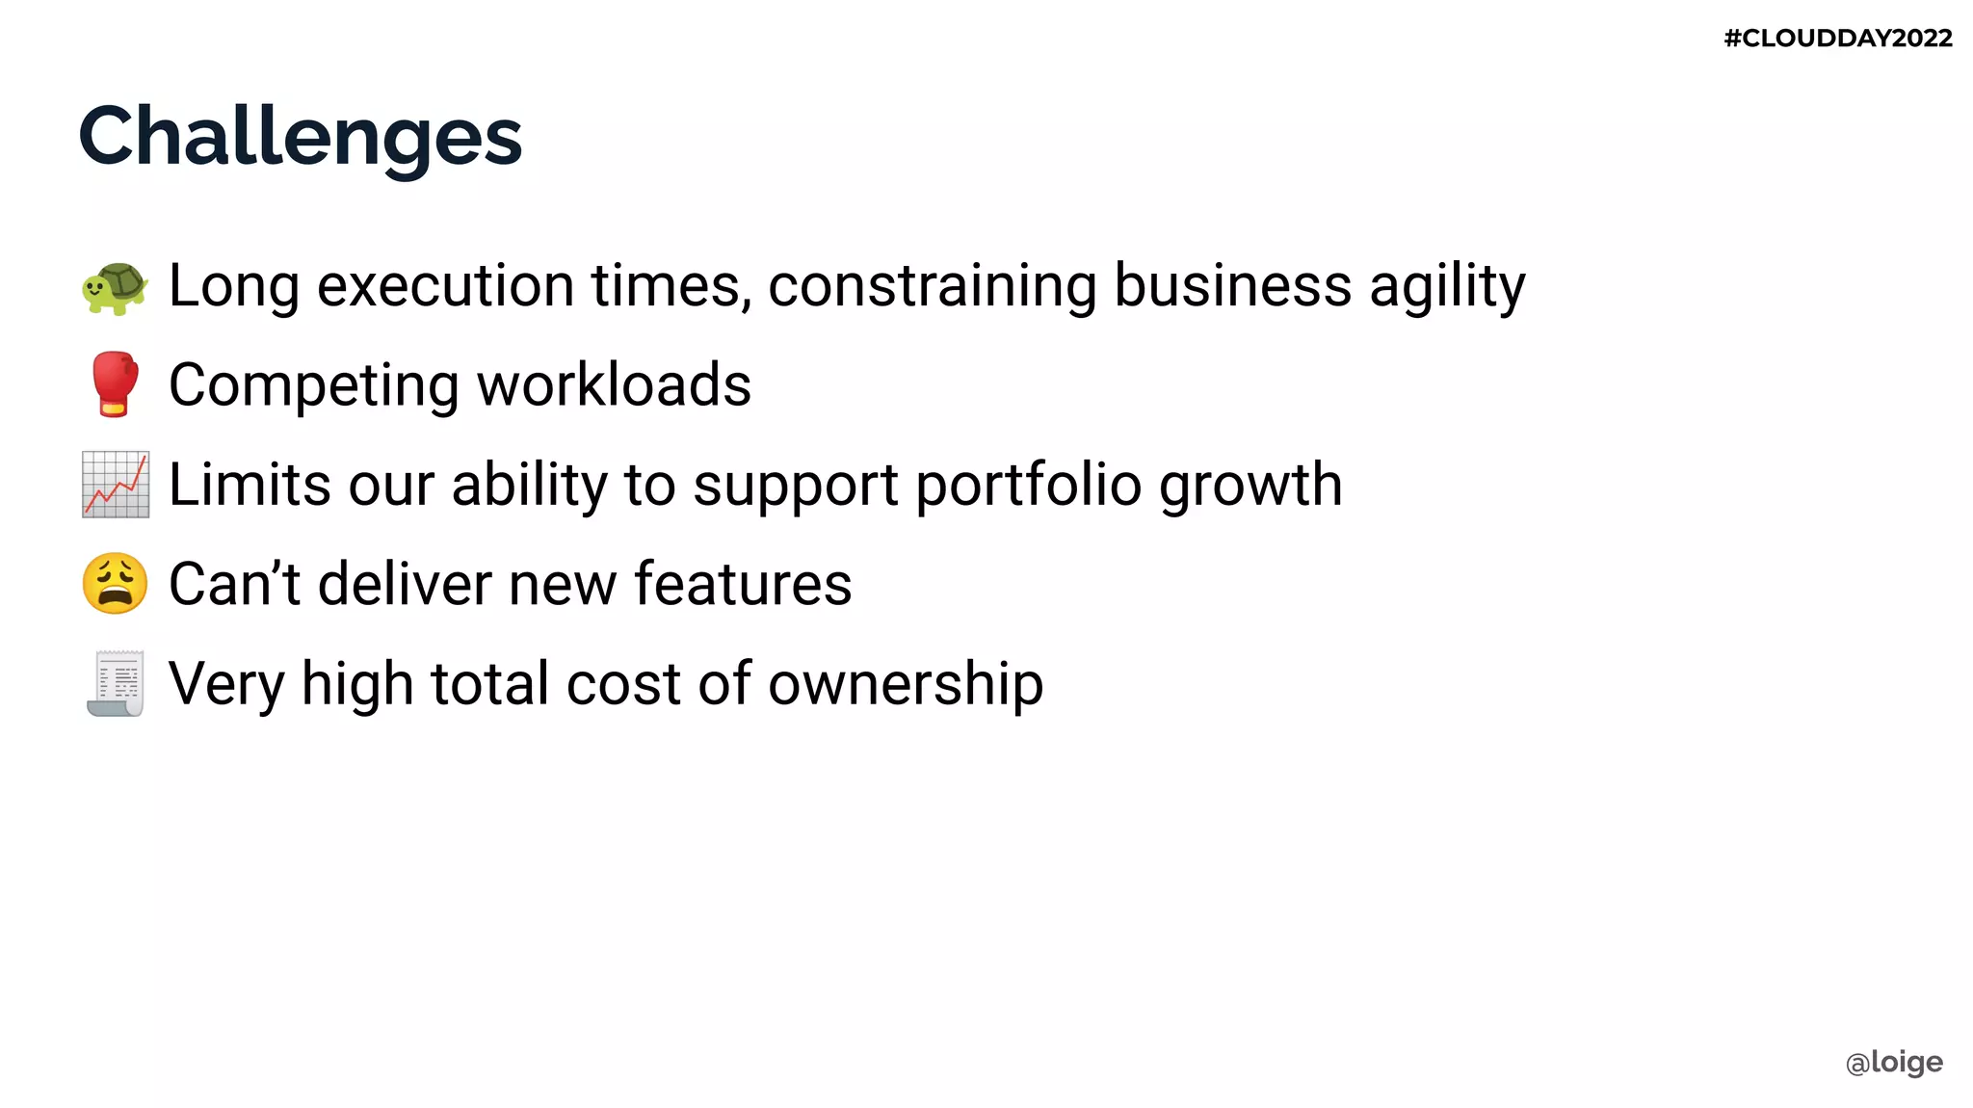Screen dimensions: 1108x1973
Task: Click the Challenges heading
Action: [x=300, y=137]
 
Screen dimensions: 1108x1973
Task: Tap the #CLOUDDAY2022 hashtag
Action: [x=1837, y=39]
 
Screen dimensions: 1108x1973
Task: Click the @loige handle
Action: [x=1894, y=1062]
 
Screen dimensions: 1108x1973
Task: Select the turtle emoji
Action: [x=115, y=287]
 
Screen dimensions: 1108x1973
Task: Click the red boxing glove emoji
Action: [x=115, y=384]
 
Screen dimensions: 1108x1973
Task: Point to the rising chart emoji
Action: [x=116, y=485]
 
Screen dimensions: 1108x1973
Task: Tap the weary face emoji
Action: [x=116, y=584]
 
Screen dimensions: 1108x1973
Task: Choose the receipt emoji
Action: [x=116, y=684]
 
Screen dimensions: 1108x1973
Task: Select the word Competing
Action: [x=314, y=386]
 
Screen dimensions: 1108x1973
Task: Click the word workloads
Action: [x=614, y=385]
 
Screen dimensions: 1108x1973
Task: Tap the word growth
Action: [x=1250, y=485]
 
